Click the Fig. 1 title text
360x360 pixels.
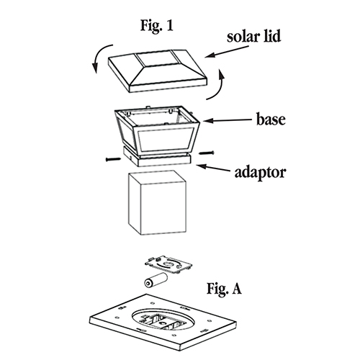pyautogui.click(x=156, y=26)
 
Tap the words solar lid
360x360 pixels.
pyautogui.click(x=253, y=37)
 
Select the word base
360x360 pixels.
pyautogui.click(x=271, y=119)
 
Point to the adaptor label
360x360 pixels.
pyautogui.click(x=261, y=173)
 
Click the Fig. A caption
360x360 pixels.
pyautogui.click(x=224, y=289)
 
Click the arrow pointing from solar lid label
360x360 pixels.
pyautogui.click(x=227, y=52)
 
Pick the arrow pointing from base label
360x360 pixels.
pyautogui.click(x=228, y=120)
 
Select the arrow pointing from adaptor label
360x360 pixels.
pyautogui.click(x=212, y=168)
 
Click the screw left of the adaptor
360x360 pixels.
pyautogui.click(x=113, y=159)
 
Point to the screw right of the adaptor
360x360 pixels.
pyautogui.click(x=206, y=153)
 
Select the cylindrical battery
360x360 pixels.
pyautogui.click(x=156, y=280)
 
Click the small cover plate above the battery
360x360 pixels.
pyautogui.click(x=168, y=265)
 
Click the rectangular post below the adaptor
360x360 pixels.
pyautogui.click(x=158, y=202)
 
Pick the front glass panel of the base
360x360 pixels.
pyautogui.click(x=166, y=140)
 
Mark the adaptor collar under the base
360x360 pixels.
pyautogui.click(x=157, y=158)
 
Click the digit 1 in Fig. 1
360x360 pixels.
pyautogui.click(x=170, y=25)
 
